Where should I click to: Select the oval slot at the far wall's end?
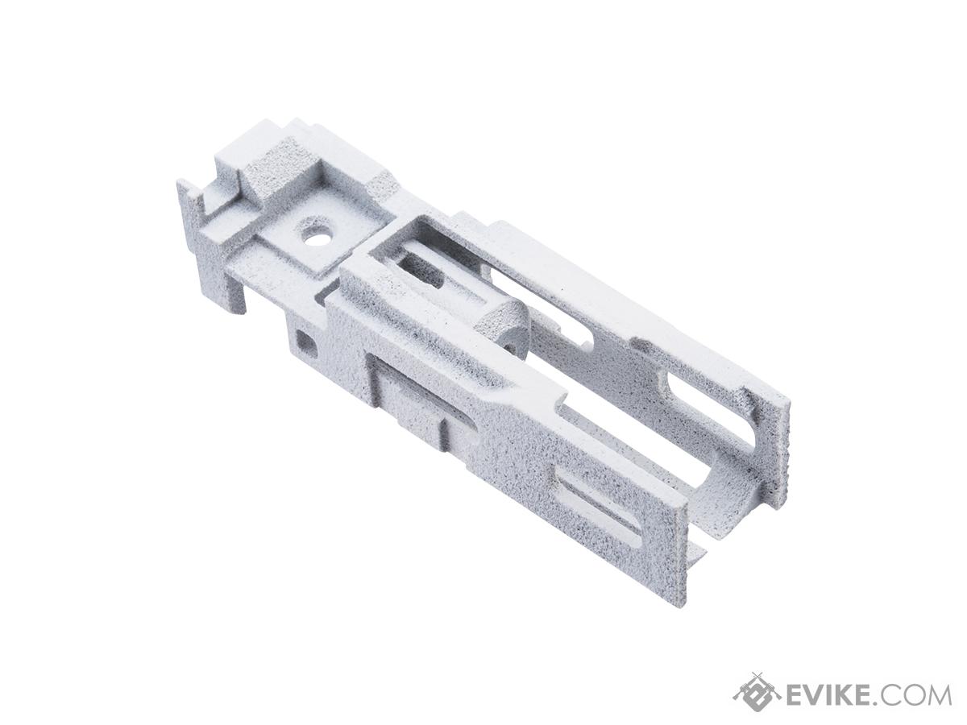(x=706, y=413)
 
